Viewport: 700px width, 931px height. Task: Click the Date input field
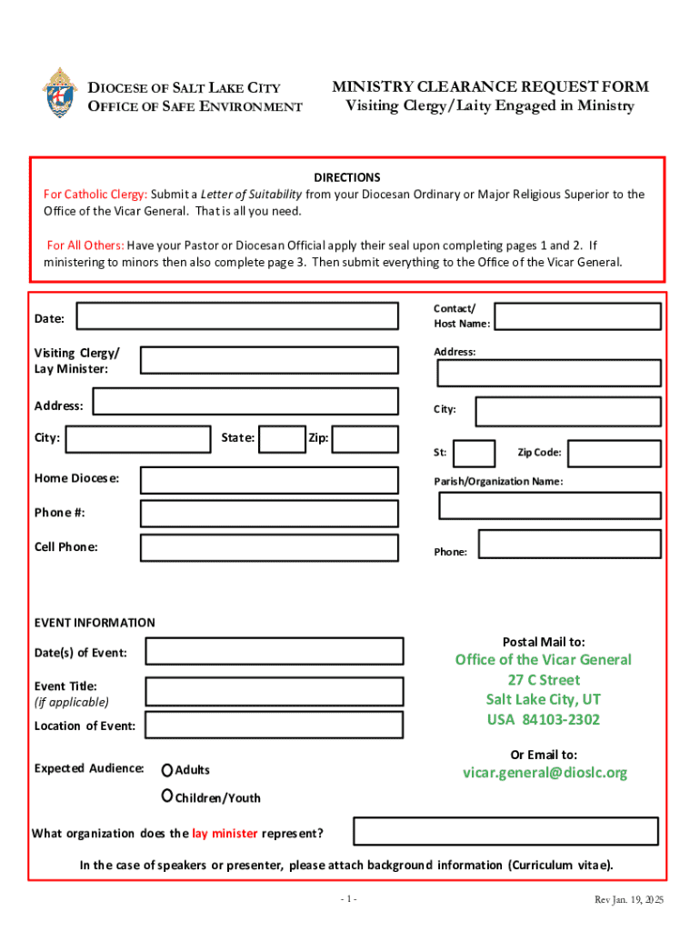tap(237, 316)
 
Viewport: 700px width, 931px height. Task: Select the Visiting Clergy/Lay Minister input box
tap(268, 360)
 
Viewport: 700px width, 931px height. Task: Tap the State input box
tap(282, 439)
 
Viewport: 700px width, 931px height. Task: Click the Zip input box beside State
tap(365, 439)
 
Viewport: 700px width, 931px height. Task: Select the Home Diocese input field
tap(268, 480)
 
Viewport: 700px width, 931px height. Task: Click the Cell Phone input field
tap(268, 547)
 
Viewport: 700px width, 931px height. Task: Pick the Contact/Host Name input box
tap(577, 316)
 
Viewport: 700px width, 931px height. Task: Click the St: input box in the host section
tap(474, 453)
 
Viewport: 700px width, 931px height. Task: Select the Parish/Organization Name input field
tap(550, 506)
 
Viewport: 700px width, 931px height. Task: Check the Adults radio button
tap(167, 770)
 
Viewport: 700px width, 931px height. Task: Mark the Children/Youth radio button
tap(167, 796)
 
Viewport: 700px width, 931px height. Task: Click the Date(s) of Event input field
tap(274, 651)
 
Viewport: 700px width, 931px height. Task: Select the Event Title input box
tap(274, 692)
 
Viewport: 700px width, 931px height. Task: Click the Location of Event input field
tap(274, 725)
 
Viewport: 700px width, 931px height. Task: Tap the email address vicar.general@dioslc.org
tap(545, 773)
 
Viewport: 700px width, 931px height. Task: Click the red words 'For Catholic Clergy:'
tap(95, 195)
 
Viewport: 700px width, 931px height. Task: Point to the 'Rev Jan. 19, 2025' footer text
tap(628, 899)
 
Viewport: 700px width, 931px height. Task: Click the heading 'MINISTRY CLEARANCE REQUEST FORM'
tap(490, 87)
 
